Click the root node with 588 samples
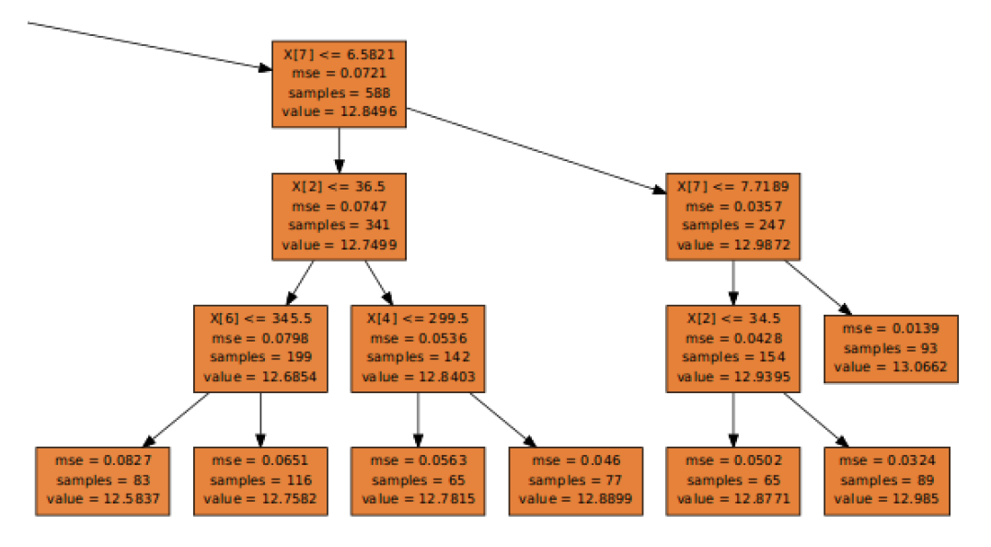tap(339, 84)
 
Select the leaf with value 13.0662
tap(890, 348)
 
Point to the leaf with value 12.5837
tap(103, 481)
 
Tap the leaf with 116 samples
tap(260, 481)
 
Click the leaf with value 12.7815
tap(418, 481)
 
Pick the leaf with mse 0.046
tap(575, 481)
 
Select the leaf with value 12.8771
tap(732, 481)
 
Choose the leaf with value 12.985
tap(890, 481)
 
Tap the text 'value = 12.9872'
tap(732, 245)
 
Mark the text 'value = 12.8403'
tap(418, 377)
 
